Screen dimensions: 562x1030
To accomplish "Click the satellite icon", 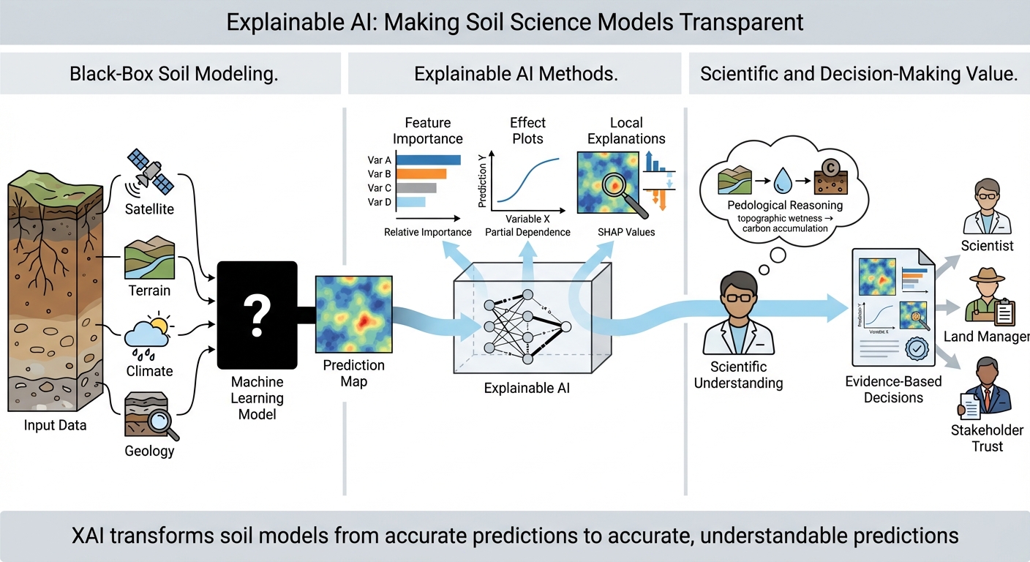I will click(151, 172).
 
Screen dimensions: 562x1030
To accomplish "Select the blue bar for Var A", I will click(429, 160).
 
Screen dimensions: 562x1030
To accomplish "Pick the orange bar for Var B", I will click(421, 173).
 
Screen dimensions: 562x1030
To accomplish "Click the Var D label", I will click(380, 202).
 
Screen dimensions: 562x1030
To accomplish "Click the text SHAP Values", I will click(625, 232).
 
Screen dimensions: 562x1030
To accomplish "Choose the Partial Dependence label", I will click(527, 232).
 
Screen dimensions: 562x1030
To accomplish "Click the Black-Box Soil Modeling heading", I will click(173, 74).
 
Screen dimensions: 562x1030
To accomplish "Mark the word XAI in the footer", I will click(91, 536).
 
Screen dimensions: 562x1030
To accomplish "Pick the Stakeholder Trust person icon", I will click(986, 388).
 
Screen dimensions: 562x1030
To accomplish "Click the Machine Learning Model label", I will click(257, 398).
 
